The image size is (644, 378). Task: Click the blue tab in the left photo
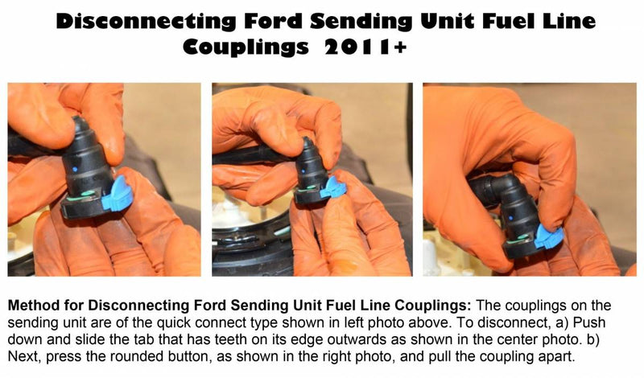coord(118,194)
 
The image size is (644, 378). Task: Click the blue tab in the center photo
coord(333,187)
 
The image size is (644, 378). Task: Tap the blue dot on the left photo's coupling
coord(74,169)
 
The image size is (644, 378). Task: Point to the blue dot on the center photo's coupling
coord(303,171)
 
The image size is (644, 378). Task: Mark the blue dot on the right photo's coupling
coord(510,217)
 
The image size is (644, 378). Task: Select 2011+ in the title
coord(365,48)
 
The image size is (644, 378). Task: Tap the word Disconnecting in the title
coord(147,23)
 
